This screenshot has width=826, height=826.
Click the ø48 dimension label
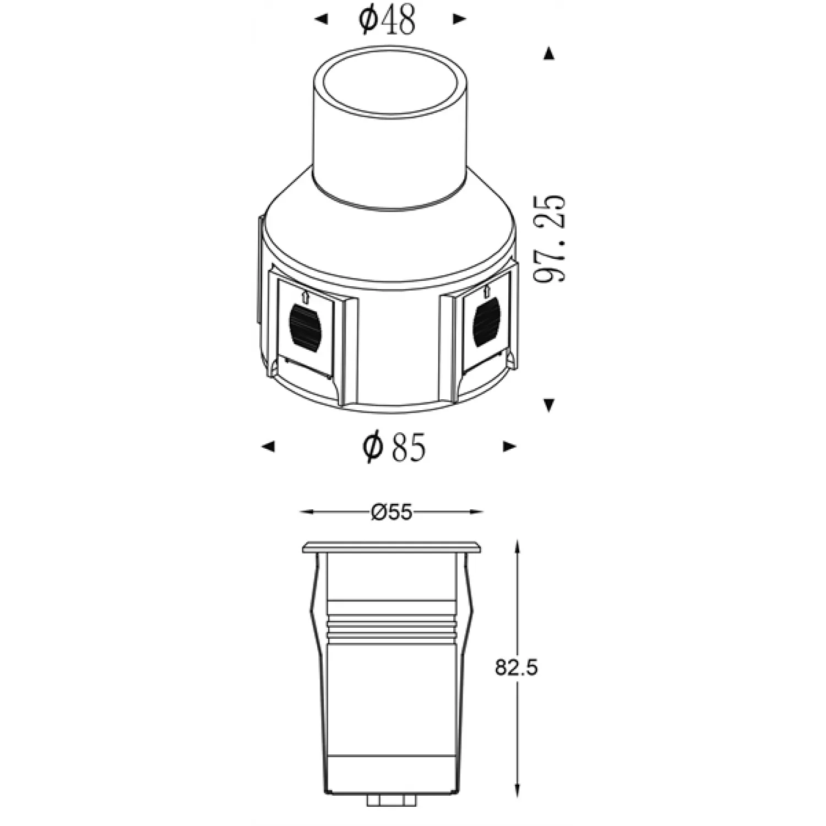click(387, 21)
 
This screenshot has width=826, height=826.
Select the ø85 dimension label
click(394, 446)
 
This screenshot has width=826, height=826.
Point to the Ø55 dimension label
click(392, 512)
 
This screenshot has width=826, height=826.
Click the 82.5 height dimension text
click(516, 668)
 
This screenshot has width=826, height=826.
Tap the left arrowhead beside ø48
click(320, 20)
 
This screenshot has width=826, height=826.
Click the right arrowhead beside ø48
click(460, 19)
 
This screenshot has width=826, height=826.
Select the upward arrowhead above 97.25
click(548, 53)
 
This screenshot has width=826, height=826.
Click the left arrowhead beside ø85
click(268, 446)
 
